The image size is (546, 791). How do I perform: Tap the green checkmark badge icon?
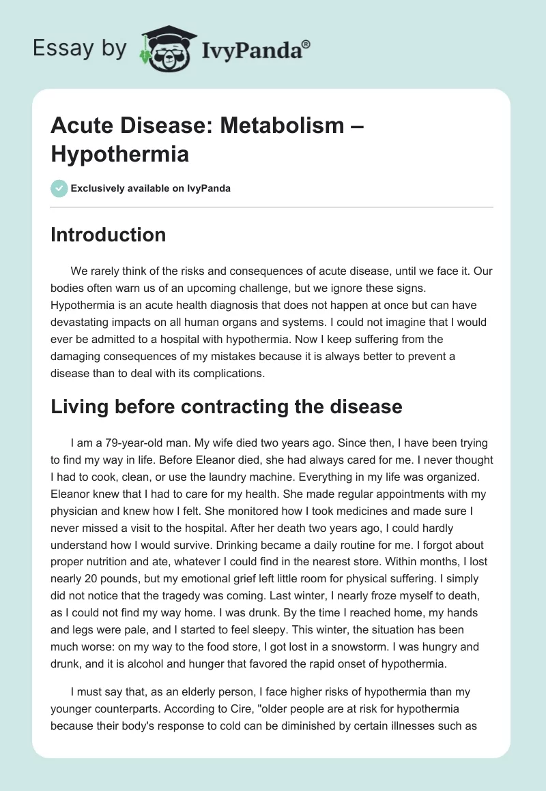click(x=59, y=188)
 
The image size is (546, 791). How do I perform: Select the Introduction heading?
click(x=108, y=235)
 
